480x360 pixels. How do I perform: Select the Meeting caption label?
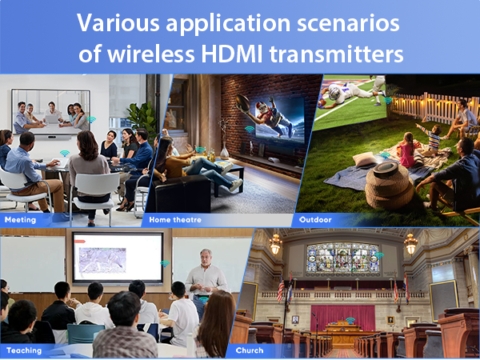click(21, 218)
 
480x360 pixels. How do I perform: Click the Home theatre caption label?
click(176, 218)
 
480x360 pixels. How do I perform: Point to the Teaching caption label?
click(24, 350)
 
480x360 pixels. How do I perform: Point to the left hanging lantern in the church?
click(275, 243)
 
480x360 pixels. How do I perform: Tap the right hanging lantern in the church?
click(410, 243)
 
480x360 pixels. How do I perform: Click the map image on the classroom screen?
click(102, 257)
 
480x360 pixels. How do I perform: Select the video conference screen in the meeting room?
click(50, 112)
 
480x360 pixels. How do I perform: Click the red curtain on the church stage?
click(342, 315)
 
